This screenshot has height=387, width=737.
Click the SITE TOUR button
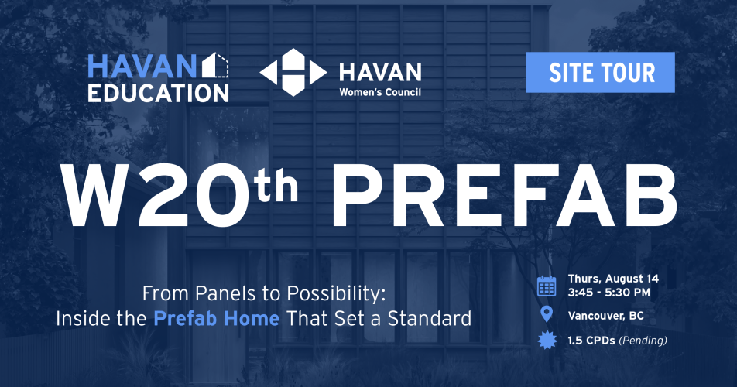coord(600,72)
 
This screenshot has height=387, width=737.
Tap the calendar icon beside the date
coord(547,286)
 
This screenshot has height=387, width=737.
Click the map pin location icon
coord(547,314)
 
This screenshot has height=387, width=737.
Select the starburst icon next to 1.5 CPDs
coord(547,341)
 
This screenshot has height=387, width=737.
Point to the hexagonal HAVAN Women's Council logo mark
coord(293,72)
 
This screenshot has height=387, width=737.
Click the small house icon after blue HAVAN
coord(215,65)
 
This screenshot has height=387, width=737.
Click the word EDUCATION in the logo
coord(158,93)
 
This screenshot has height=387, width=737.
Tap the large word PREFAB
coord(504,195)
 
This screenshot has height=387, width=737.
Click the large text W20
coord(157,195)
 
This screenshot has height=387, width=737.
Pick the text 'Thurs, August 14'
coord(613,279)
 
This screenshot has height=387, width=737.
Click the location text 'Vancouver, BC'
coord(605,316)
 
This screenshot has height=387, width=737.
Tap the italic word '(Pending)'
coord(643,341)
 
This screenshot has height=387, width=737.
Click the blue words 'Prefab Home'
coord(217,319)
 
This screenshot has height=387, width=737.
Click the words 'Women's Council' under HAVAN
coord(380,92)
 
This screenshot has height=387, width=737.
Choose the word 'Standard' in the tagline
coord(429,319)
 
